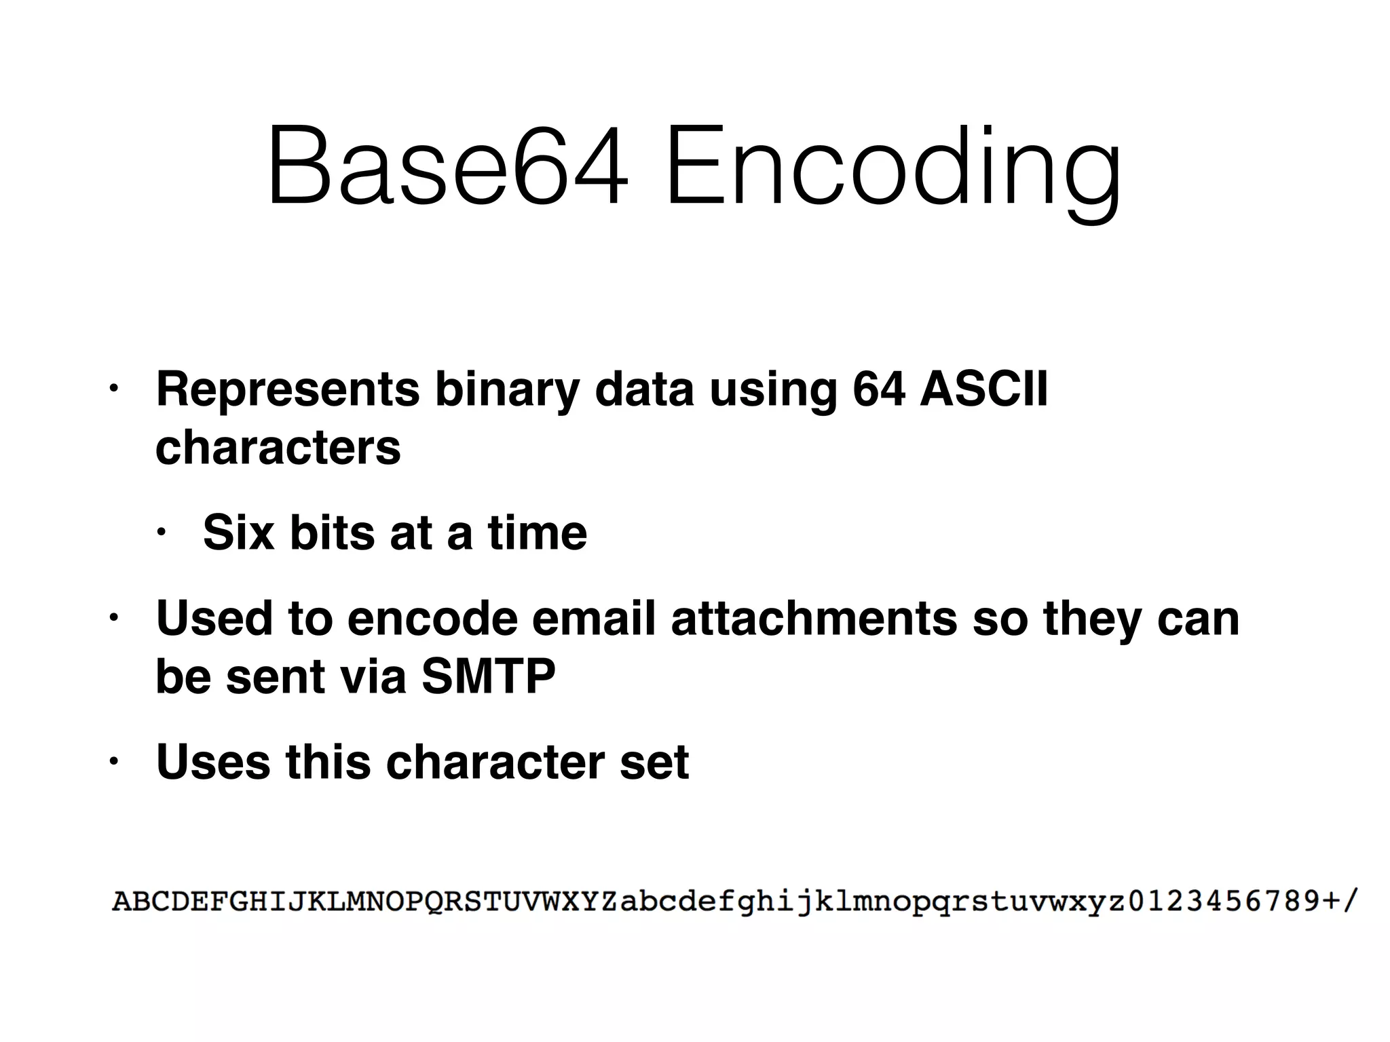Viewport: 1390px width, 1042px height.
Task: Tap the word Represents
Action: click(288, 389)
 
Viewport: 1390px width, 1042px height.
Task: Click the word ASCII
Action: click(983, 389)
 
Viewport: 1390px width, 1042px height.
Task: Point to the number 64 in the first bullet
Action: click(879, 389)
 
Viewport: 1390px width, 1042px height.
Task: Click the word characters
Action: click(278, 448)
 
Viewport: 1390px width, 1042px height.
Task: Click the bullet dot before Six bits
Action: click(161, 533)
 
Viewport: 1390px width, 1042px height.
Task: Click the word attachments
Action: click(814, 618)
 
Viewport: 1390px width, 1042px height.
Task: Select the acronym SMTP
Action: click(488, 676)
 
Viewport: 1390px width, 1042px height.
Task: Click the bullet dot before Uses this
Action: click(114, 761)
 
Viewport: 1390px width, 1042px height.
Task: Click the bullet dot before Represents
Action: click(114, 390)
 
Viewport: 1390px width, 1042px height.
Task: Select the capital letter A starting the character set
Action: click(122, 902)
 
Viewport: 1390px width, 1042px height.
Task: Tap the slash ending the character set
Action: click(1349, 902)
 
